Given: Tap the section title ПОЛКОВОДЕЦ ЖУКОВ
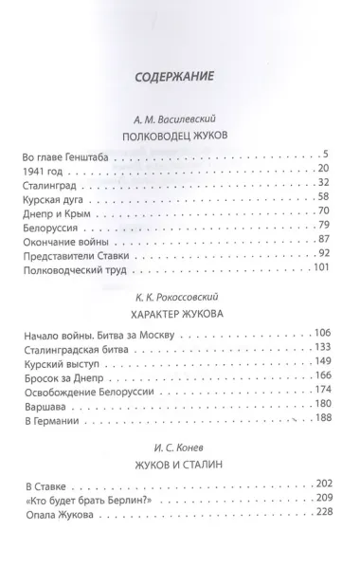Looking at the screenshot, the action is (179, 137).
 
